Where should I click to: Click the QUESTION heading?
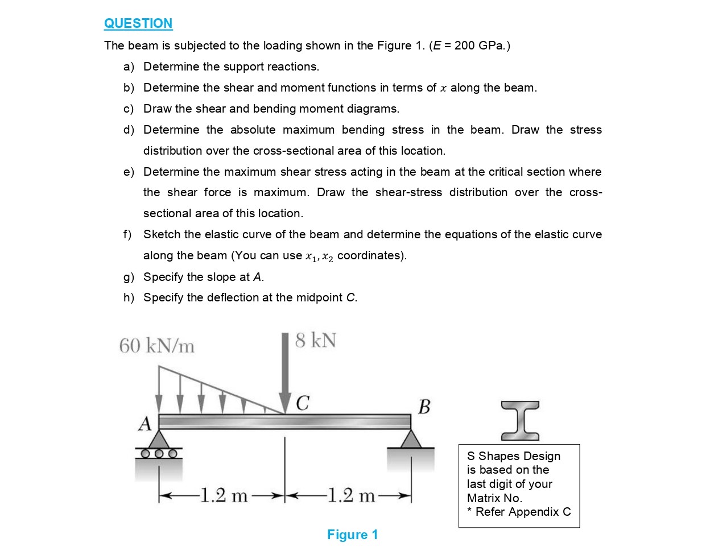(x=138, y=23)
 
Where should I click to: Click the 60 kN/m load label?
(x=156, y=345)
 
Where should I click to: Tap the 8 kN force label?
(x=315, y=341)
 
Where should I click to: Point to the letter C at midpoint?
(x=303, y=403)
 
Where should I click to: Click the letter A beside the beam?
(x=145, y=424)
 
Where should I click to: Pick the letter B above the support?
(x=424, y=407)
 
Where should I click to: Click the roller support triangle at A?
(x=159, y=440)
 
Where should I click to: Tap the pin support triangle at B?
(x=411, y=439)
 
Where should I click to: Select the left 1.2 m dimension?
(x=224, y=496)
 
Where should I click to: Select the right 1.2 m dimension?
(x=351, y=496)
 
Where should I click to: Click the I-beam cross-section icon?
(x=520, y=421)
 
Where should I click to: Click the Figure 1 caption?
(x=352, y=535)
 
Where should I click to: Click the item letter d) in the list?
(x=129, y=130)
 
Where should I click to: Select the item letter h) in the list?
(x=129, y=297)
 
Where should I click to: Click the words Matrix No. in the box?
(x=494, y=498)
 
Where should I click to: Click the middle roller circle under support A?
(x=159, y=454)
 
